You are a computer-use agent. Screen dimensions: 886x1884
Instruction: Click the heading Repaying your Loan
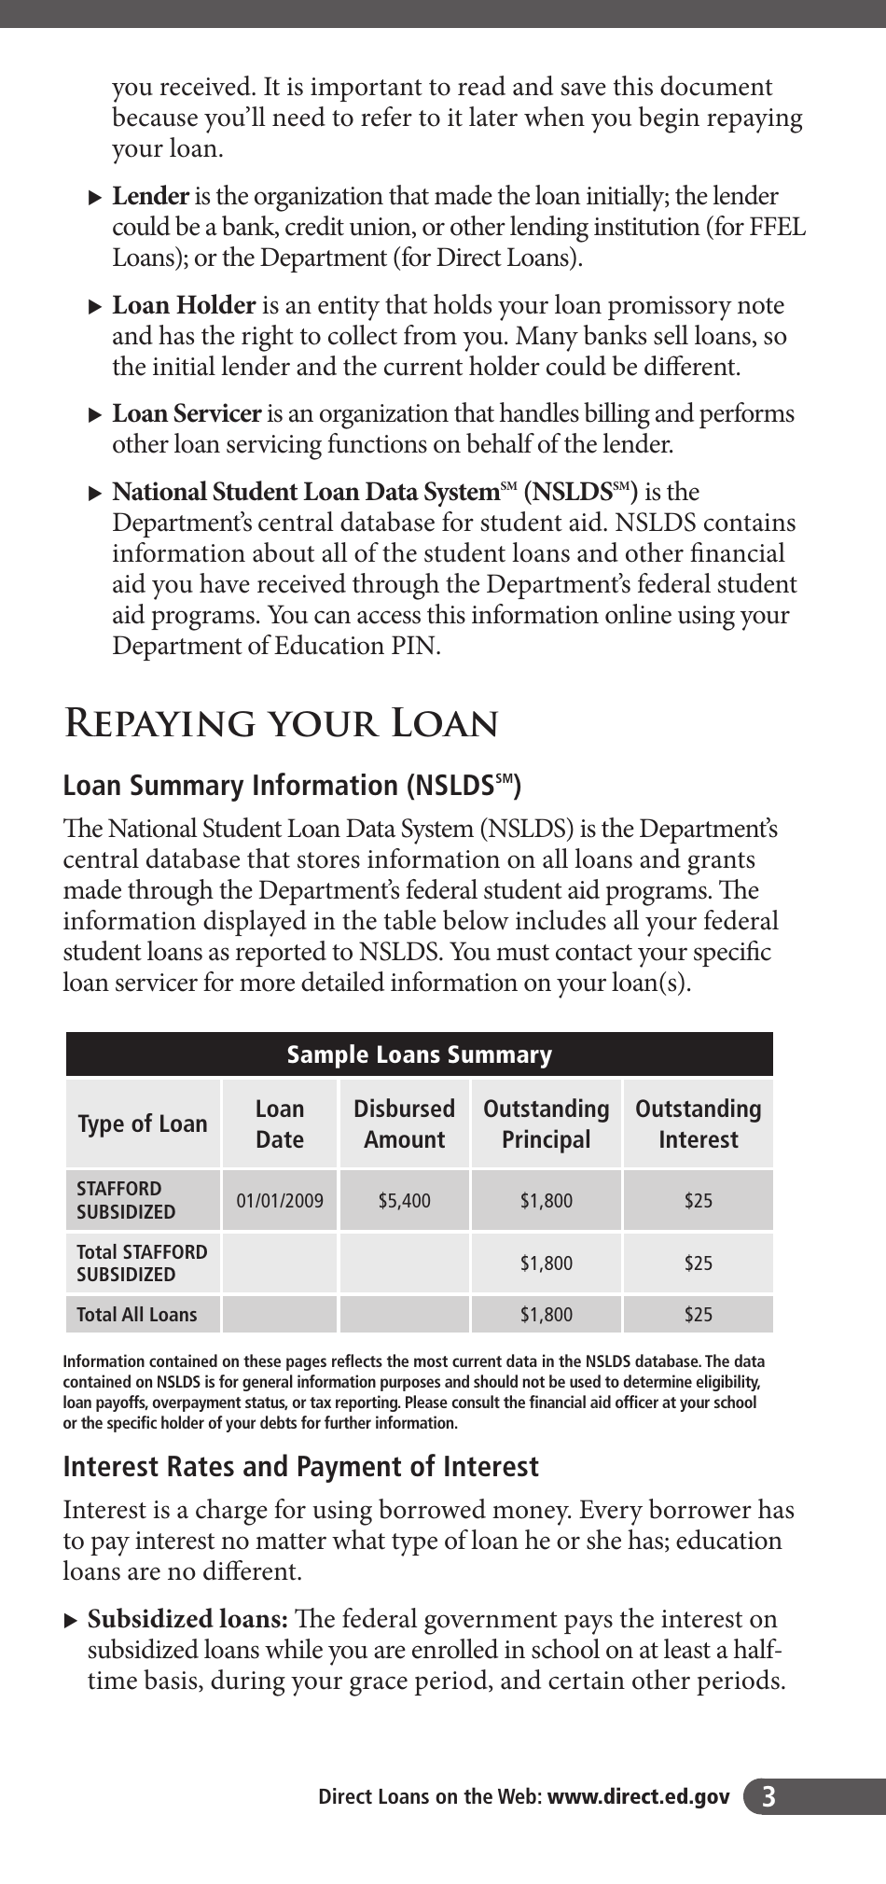pyautogui.click(x=280, y=724)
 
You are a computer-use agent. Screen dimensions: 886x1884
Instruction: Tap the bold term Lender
pyautogui.click(x=150, y=197)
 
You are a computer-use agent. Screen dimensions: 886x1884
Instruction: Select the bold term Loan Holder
pyautogui.click(x=184, y=306)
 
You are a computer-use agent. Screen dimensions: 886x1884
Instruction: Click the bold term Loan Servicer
pyautogui.click(x=187, y=414)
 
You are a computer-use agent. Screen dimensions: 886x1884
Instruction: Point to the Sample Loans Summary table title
pyautogui.click(x=419, y=1054)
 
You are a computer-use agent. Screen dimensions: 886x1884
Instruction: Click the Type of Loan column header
pyautogui.click(x=142, y=1123)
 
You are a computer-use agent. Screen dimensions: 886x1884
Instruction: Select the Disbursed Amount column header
pyautogui.click(x=404, y=1123)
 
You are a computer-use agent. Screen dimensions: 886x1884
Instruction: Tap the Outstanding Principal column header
pyautogui.click(x=546, y=1123)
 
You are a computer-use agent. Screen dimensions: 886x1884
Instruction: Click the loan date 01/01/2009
pyautogui.click(x=280, y=1201)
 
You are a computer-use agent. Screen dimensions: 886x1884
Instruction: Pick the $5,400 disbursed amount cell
pyautogui.click(x=404, y=1201)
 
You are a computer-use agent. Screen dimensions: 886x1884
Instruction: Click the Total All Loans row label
pyautogui.click(x=136, y=1315)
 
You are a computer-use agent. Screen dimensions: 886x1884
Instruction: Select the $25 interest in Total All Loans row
pyautogui.click(x=698, y=1315)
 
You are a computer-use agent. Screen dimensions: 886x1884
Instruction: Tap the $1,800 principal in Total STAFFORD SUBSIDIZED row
pyautogui.click(x=546, y=1263)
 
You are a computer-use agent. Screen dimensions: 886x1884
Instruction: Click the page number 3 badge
pyautogui.click(x=768, y=1796)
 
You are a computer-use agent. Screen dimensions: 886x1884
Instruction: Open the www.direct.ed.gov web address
pyautogui.click(x=638, y=1796)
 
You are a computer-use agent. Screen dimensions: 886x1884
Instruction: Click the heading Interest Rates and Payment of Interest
pyautogui.click(x=300, y=1467)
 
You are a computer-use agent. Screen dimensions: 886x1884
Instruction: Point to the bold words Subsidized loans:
pyautogui.click(x=187, y=1619)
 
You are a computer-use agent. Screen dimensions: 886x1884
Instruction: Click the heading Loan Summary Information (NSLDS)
pyautogui.click(x=291, y=786)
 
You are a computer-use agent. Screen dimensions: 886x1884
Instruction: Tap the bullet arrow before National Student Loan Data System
pyautogui.click(x=94, y=493)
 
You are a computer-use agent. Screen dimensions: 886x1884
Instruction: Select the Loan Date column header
pyautogui.click(x=280, y=1123)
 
